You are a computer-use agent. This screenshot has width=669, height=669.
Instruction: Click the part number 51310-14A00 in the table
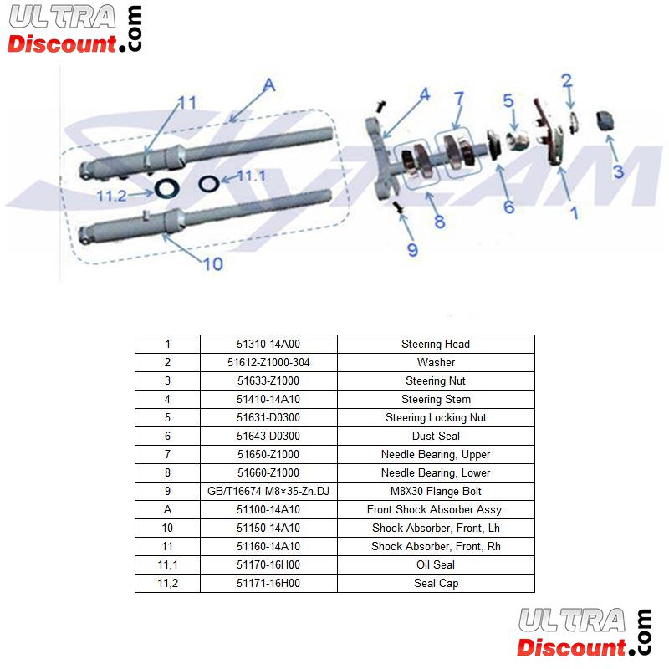tap(268, 344)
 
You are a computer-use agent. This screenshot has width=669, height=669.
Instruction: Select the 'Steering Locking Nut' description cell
tap(436, 417)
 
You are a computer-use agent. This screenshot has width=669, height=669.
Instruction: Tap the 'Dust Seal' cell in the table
tap(436, 436)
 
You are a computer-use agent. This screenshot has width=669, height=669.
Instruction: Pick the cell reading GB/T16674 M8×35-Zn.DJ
tap(268, 491)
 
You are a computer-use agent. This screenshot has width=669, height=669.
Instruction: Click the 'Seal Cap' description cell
tap(436, 583)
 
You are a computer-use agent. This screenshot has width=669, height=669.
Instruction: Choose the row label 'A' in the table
tap(167, 509)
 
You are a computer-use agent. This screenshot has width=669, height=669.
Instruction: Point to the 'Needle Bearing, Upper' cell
tap(436, 454)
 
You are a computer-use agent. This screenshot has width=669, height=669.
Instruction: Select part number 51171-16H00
tap(268, 583)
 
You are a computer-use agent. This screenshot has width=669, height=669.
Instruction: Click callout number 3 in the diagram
tap(618, 171)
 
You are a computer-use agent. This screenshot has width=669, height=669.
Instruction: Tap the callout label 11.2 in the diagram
tap(111, 196)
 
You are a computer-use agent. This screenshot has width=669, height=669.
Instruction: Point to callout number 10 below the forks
tap(213, 263)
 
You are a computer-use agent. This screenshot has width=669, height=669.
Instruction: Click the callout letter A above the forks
tap(269, 85)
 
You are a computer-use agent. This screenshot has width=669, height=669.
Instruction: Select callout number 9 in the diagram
tap(412, 250)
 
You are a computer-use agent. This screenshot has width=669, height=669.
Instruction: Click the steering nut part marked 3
tap(605, 120)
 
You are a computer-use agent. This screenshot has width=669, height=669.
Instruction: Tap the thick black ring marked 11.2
tap(166, 188)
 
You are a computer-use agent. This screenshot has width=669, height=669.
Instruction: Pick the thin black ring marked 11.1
tap(208, 183)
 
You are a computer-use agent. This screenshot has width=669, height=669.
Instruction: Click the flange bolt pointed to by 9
tap(399, 207)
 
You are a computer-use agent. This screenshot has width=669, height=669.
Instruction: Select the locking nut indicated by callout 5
tap(516, 140)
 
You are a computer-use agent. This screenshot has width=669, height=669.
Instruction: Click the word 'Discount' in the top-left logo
tap(62, 43)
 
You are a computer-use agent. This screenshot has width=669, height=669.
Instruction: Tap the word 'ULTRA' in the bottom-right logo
tap(572, 620)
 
